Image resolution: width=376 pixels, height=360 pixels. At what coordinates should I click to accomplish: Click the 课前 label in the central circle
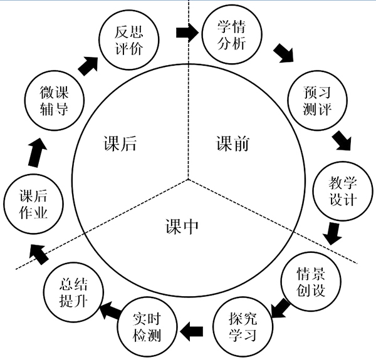[232, 145]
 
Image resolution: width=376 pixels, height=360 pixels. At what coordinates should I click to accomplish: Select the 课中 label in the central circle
[182, 226]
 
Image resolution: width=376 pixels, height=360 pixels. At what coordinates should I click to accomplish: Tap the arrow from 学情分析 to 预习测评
[283, 54]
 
